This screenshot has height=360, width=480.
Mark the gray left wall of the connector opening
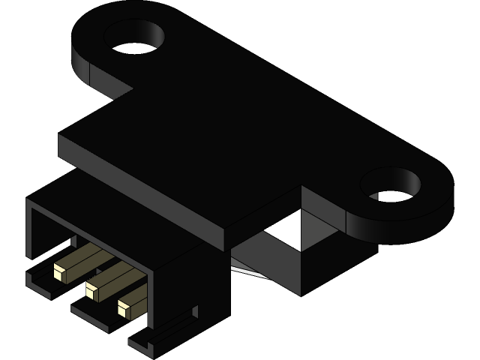31,232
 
